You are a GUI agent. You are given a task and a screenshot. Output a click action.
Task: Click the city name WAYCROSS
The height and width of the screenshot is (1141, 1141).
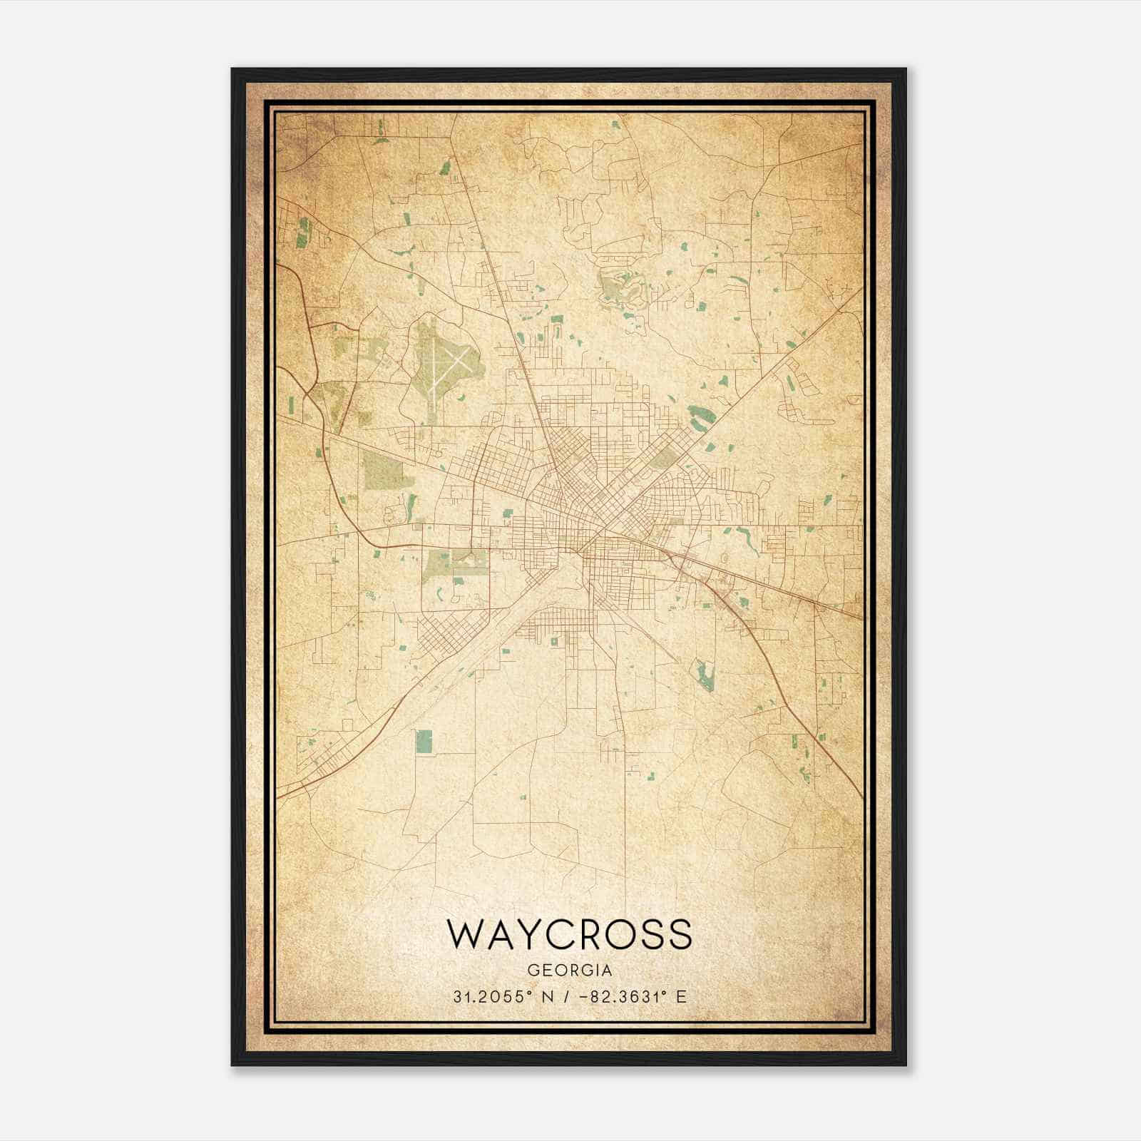click(569, 933)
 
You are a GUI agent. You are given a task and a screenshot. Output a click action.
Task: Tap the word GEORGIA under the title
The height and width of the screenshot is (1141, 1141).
click(569, 971)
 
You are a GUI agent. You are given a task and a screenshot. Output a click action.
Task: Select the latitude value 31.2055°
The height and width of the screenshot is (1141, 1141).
click(493, 997)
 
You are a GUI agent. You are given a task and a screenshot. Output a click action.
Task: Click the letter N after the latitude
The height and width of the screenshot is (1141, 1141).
click(548, 997)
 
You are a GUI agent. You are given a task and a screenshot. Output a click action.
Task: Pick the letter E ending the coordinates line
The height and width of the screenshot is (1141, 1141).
click(681, 997)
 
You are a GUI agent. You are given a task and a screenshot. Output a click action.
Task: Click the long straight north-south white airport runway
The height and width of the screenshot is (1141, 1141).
click(434, 371)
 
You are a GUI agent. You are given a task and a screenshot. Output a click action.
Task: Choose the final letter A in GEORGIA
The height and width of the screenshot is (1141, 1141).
click(607, 971)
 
